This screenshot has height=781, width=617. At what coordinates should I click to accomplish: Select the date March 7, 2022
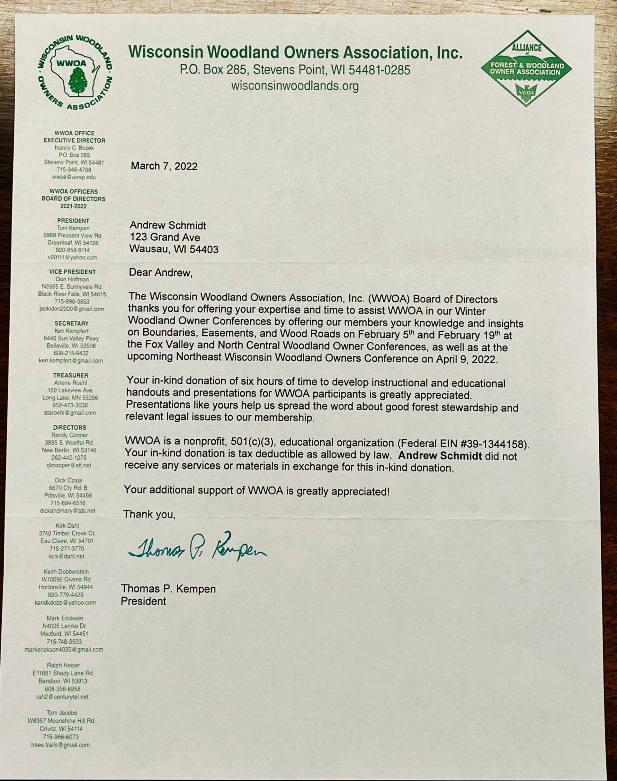click(164, 166)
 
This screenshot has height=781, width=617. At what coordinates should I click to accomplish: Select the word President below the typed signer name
click(143, 601)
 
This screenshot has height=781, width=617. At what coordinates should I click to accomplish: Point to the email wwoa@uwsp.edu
click(74, 177)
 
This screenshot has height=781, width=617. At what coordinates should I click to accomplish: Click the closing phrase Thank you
click(149, 514)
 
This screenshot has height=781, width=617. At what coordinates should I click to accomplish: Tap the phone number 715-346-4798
click(74, 170)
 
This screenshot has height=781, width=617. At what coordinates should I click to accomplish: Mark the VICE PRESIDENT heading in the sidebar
click(73, 272)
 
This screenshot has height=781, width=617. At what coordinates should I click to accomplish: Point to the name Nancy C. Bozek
click(74, 148)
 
